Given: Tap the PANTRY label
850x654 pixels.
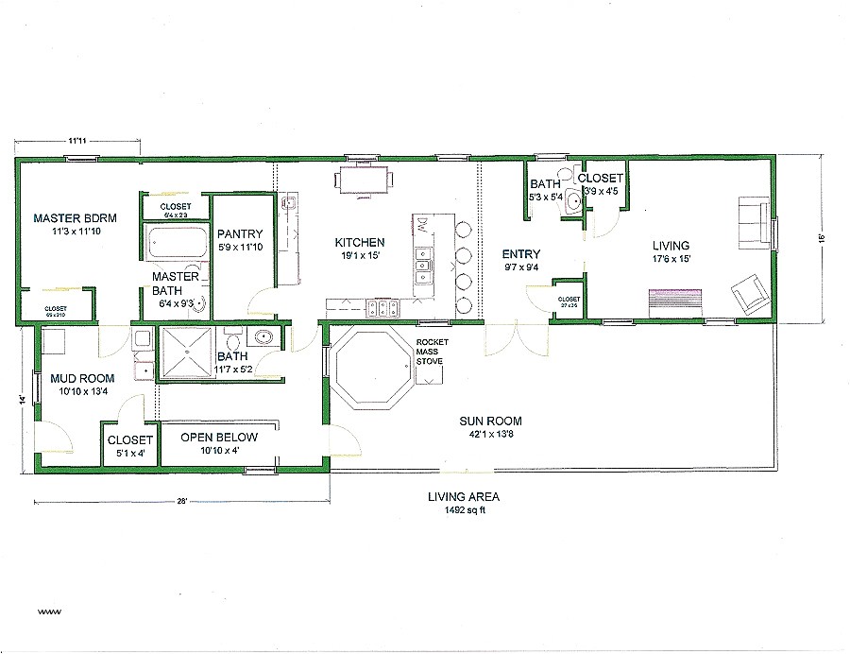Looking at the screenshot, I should (x=240, y=234).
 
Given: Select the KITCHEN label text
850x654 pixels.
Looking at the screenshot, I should (x=360, y=242).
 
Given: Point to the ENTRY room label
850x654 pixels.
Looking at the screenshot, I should (x=520, y=253).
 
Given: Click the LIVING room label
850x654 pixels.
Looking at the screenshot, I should (x=670, y=246).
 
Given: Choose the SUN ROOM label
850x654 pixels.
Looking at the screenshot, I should (x=490, y=421).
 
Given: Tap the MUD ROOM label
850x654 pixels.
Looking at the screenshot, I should (x=82, y=379).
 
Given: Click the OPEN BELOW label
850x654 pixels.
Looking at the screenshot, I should (x=219, y=438).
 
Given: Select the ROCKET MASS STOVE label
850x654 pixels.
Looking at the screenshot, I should (x=433, y=351).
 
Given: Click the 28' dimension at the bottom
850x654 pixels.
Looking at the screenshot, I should (x=179, y=501).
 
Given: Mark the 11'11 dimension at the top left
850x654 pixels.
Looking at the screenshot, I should (x=77, y=141).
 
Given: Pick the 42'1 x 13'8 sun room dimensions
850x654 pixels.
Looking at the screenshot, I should (x=490, y=434).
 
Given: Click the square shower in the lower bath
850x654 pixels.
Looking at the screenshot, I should (x=187, y=354).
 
